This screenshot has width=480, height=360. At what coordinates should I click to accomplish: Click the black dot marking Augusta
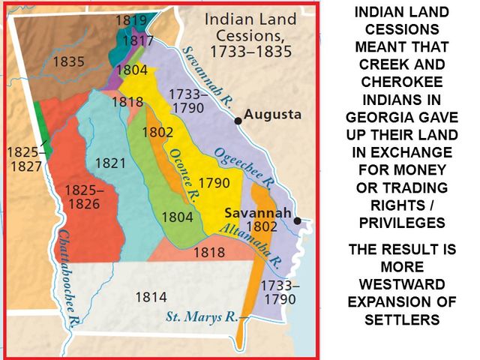pyautogui.click(x=238, y=120)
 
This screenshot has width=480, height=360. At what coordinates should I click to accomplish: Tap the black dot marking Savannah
pyautogui.click(x=298, y=220)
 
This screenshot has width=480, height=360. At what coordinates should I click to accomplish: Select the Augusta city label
pyautogui.click(x=272, y=115)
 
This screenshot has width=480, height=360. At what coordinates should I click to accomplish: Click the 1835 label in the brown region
pyautogui.click(x=69, y=61)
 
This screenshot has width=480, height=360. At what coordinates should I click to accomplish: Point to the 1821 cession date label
pyautogui.click(x=110, y=163)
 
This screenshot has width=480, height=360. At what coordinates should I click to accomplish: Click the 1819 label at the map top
pyautogui.click(x=130, y=21)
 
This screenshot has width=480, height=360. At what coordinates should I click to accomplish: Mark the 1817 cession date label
pyautogui.click(x=138, y=40)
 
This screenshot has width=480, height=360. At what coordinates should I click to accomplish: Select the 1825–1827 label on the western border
pyautogui.click(x=25, y=158)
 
